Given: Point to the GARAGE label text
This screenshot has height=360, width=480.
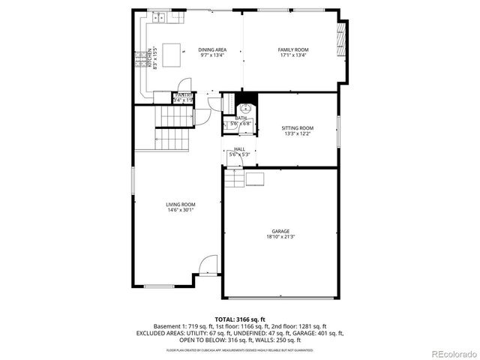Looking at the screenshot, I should pos(280,231).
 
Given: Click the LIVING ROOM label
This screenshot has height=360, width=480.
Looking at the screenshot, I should pos(181,205).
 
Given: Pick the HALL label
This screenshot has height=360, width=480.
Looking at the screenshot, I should pos(239,149).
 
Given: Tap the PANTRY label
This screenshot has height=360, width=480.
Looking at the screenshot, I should pos(184,95).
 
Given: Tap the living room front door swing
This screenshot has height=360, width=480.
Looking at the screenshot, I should pos(208,265).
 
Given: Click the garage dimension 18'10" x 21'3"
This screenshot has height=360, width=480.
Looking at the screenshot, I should pos(280,237).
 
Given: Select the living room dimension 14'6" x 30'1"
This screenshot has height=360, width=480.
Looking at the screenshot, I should pos(181,211).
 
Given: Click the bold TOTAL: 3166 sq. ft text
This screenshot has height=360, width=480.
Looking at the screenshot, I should pos(239,319).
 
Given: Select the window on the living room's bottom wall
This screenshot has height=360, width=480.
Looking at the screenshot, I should pos(158,286).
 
